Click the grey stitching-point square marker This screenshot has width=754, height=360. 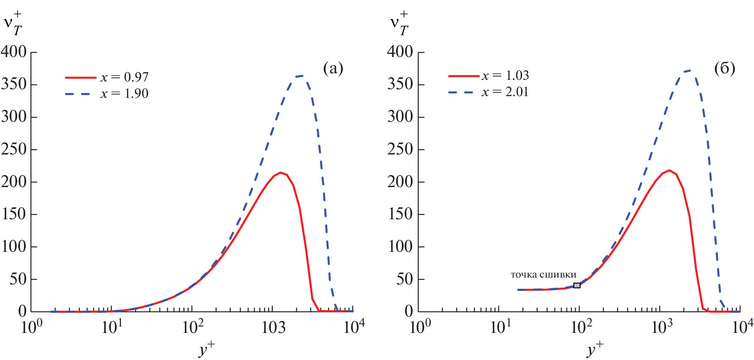click(x=577, y=285)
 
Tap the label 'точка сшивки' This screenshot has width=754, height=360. click(x=543, y=275)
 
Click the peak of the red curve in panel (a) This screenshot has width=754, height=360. click(x=280, y=172)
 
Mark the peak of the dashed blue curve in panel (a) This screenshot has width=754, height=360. click(x=302, y=76)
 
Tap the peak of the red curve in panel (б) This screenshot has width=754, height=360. click(x=669, y=170)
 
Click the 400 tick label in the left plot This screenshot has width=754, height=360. click(x=14, y=52)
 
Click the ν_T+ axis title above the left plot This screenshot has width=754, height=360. click(x=13, y=24)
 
